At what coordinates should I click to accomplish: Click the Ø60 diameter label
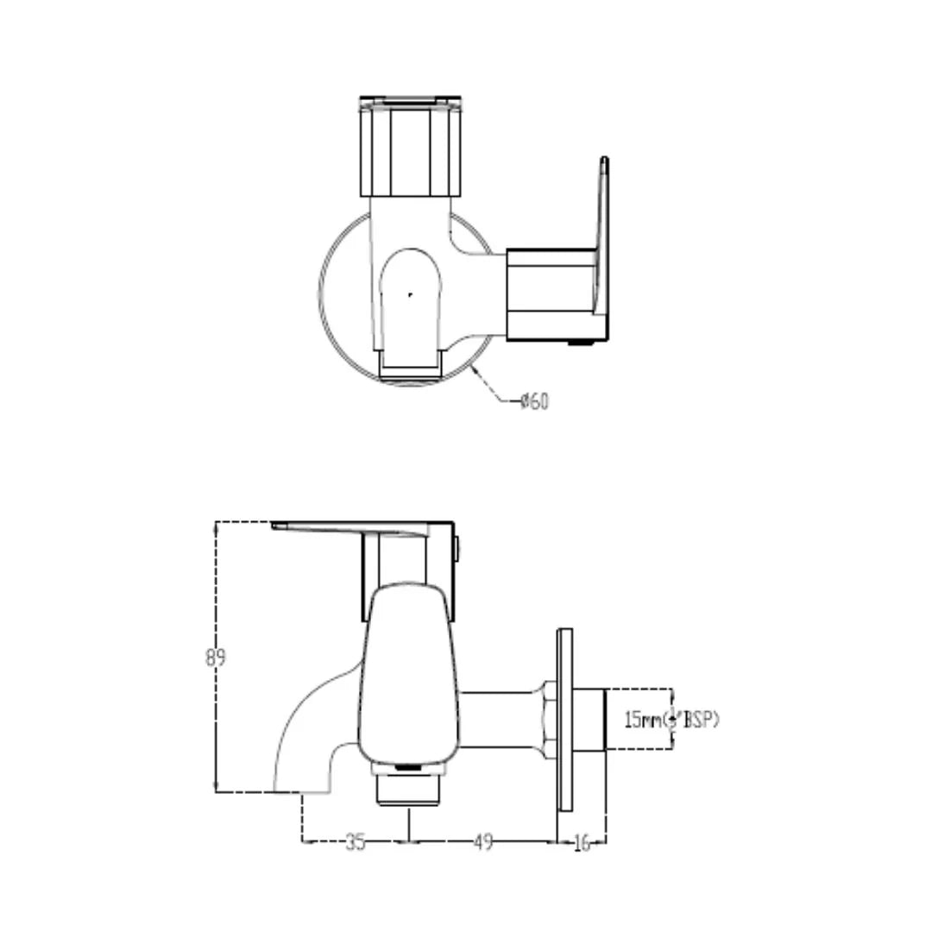pos(534,401)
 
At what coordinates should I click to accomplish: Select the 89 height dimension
pos(215,657)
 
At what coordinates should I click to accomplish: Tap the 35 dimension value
pos(355,842)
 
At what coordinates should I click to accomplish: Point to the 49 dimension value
pos(483,842)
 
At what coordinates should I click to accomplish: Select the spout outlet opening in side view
pos(299,790)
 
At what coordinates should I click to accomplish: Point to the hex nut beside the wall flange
pos(548,719)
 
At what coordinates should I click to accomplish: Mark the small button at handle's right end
pos(457,545)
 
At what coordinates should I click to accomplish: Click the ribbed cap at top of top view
pos(410,147)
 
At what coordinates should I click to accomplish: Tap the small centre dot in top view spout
pos(410,294)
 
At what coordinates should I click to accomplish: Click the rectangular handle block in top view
pos(550,293)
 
